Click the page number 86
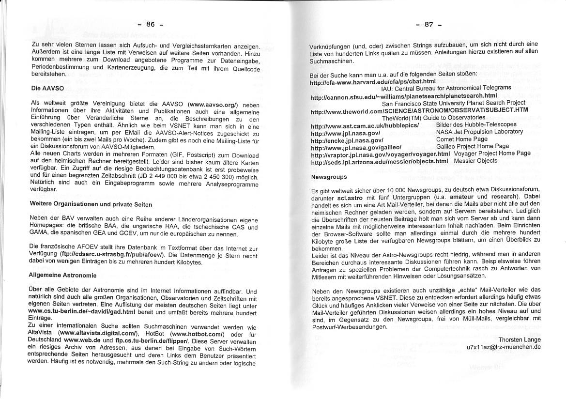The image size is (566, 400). pos(150,24)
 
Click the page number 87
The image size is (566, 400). pos(428,24)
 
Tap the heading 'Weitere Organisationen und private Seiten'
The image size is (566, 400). pos(91,205)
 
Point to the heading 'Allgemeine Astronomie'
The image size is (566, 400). pos(62,275)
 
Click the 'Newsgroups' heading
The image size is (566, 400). pos(329,177)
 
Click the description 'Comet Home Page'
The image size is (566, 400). pos(461,139)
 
